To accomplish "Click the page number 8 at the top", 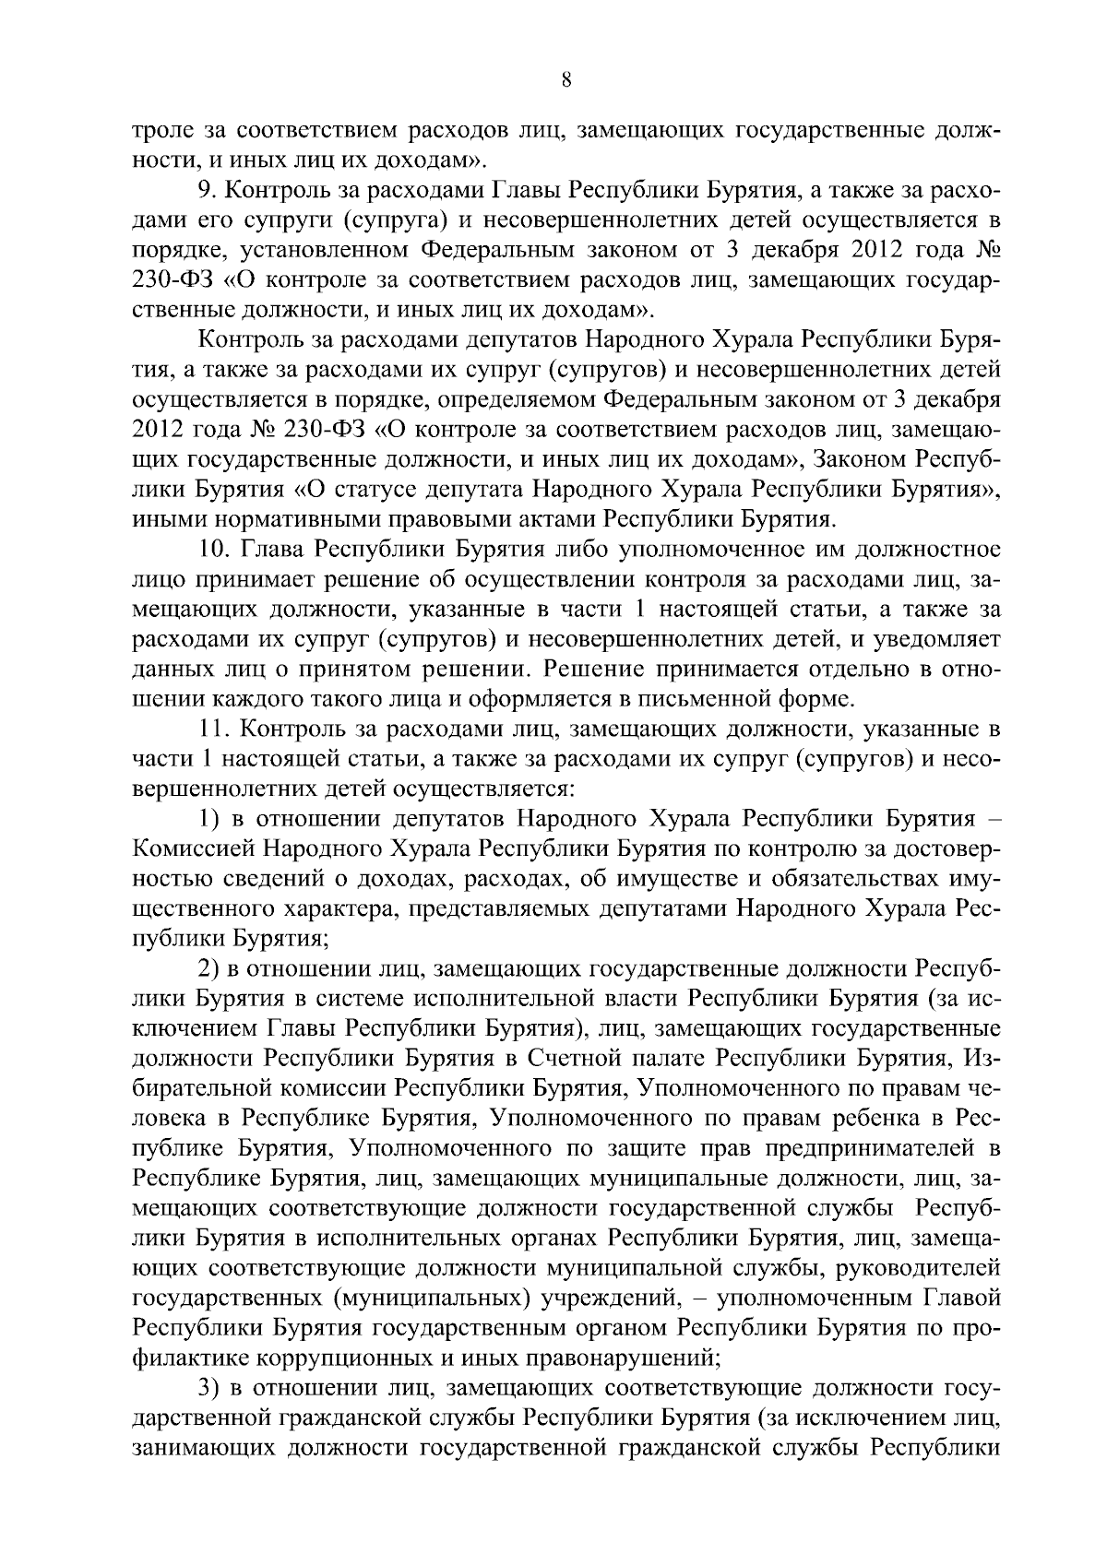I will [x=566, y=81].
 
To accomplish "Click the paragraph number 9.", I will [x=207, y=192].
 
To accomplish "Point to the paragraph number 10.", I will [x=215, y=551].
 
